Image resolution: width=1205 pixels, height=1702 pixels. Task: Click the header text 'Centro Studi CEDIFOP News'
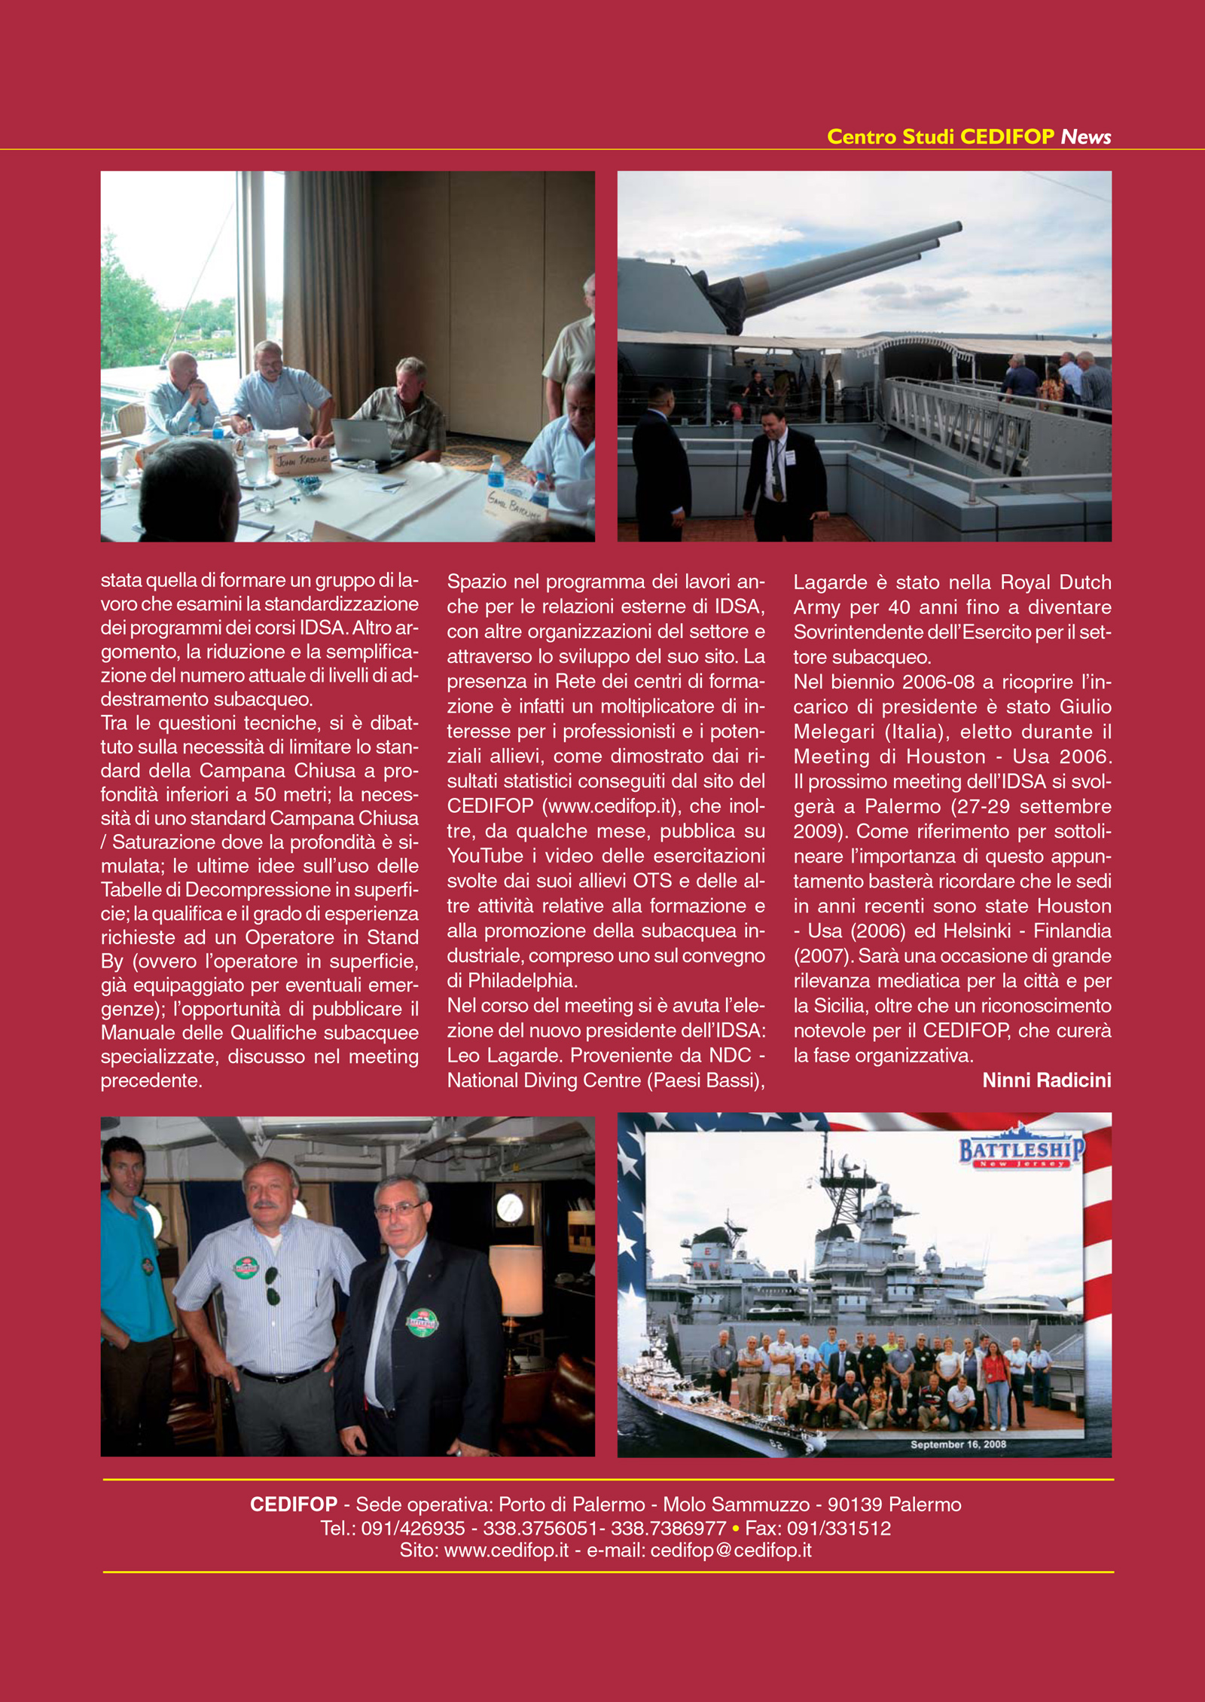point(969,136)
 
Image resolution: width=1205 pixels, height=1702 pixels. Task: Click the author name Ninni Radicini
point(1046,1080)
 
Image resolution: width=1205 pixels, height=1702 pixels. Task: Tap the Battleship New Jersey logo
point(1021,1152)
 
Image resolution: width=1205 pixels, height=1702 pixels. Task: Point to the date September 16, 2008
point(958,1444)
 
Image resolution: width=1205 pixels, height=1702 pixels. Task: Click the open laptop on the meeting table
point(361,440)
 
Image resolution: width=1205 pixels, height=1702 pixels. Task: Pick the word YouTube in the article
point(485,856)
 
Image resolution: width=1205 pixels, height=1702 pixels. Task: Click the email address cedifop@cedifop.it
point(731,1550)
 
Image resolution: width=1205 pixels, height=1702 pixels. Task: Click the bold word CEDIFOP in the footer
point(294,1505)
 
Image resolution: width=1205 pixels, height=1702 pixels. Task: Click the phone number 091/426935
point(413,1528)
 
